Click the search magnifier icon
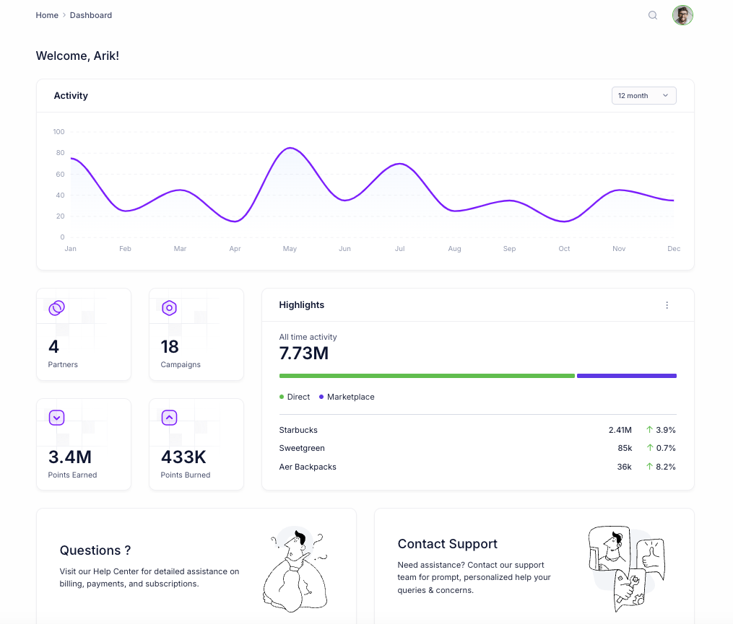point(653,15)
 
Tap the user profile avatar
point(682,15)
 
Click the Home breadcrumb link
point(47,15)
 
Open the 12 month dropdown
point(643,96)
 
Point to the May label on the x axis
point(290,249)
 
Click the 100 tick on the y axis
point(58,132)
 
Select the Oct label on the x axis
point(564,249)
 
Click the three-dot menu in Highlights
point(667,305)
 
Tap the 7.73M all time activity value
point(303,353)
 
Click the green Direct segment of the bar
point(427,376)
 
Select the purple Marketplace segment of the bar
point(626,376)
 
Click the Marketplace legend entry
point(350,397)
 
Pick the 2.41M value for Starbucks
point(620,430)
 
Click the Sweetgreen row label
point(302,448)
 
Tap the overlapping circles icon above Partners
point(56,308)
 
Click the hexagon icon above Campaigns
point(169,308)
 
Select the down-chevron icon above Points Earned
point(56,418)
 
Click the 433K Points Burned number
point(183,457)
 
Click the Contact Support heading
point(448,544)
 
